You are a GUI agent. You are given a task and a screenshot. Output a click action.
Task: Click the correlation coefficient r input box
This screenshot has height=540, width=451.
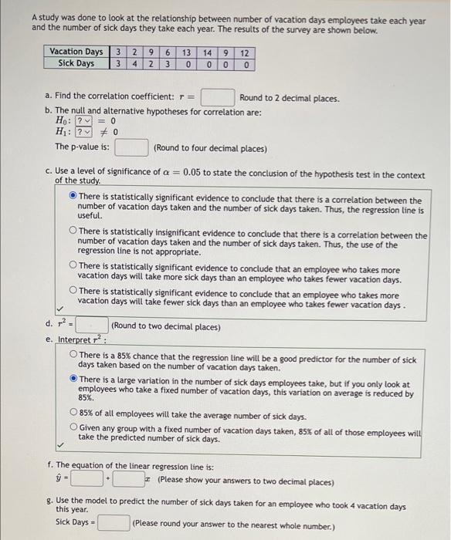click(x=217, y=98)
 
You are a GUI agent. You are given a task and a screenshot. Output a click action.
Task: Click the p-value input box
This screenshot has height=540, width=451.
click(x=132, y=147)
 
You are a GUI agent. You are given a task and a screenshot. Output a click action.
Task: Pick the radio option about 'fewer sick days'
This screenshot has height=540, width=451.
click(x=73, y=291)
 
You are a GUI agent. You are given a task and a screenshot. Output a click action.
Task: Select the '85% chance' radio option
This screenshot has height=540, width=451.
click(x=73, y=356)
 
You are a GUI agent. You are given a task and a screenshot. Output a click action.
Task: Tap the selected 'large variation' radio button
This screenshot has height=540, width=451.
click(x=73, y=380)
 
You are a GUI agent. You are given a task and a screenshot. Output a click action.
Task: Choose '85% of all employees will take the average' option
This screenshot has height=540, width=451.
click(x=73, y=415)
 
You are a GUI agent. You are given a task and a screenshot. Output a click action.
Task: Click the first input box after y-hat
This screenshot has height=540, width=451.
click(x=91, y=480)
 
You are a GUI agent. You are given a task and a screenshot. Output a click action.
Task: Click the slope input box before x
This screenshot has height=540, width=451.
click(x=132, y=480)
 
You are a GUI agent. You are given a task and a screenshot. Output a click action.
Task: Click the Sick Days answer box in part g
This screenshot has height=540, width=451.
click(x=113, y=523)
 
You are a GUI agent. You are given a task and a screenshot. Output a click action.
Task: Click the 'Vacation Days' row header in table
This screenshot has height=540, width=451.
click(x=76, y=52)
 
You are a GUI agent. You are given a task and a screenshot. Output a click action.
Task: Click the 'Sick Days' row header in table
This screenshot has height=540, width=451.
click(x=76, y=63)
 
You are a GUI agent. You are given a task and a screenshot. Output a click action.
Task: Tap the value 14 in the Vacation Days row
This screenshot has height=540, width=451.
click(x=207, y=52)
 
